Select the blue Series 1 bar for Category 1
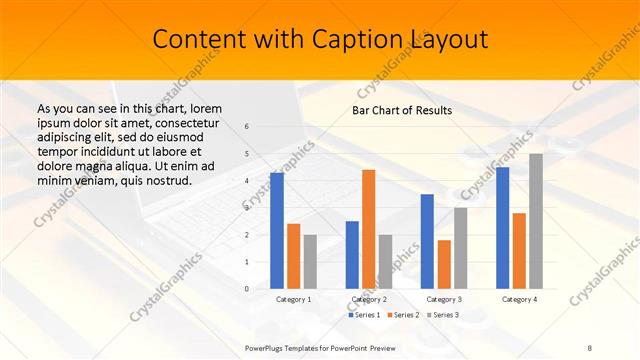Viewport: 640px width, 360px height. (277, 230)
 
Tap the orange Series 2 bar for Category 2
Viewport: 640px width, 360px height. (368, 229)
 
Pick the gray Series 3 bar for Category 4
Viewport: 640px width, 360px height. (536, 221)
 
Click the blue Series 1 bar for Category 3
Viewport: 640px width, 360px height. (427, 241)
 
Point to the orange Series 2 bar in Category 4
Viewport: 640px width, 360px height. (519, 250)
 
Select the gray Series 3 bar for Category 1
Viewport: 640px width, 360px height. (310, 261)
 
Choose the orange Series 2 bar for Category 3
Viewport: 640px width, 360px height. (444, 264)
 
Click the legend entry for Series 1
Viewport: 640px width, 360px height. (364, 315)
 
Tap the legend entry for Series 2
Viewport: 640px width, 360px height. (403, 315)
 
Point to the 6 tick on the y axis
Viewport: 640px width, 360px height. (247, 127)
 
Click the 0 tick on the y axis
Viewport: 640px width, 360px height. (247, 289)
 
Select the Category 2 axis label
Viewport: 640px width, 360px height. (368, 299)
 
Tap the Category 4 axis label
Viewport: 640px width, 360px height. (519, 299)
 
